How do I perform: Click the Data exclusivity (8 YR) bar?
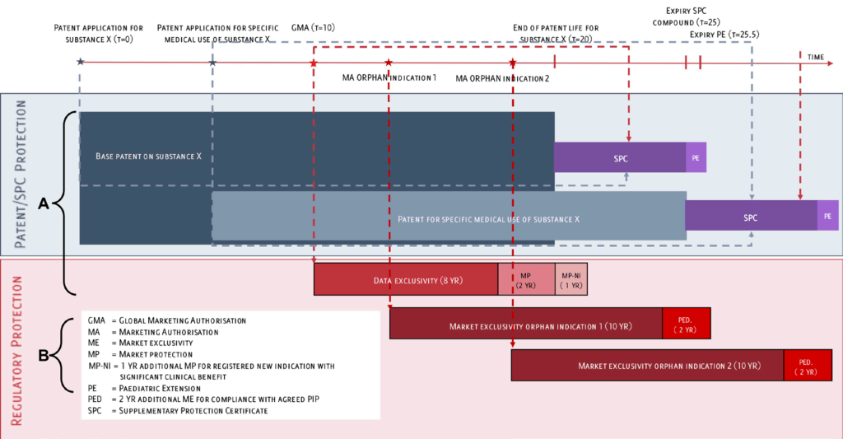406,280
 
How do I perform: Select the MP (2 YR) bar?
526,280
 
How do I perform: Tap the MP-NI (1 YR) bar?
571,280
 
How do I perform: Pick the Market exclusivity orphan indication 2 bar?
646,365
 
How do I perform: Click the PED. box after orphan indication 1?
686,323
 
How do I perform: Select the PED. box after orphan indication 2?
807,365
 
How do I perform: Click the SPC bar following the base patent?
620,156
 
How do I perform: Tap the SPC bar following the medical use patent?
751,217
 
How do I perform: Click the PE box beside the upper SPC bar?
696,156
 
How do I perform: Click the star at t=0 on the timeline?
80,62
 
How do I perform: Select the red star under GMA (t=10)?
314,63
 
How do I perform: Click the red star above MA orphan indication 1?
389,63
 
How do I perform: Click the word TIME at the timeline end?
815,57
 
